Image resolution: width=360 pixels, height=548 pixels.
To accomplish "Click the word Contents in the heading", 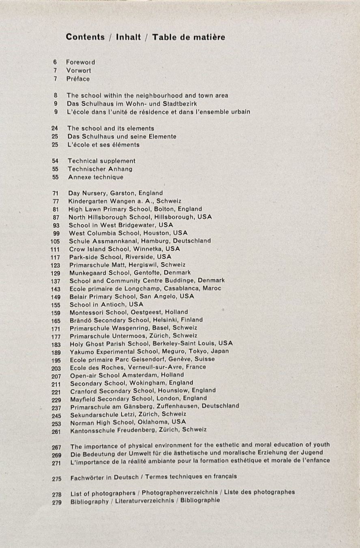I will click(x=85, y=37).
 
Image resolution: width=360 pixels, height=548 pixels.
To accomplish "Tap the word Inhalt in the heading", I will click(x=128, y=37).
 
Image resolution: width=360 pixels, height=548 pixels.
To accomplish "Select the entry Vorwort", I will click(x=79, y=71).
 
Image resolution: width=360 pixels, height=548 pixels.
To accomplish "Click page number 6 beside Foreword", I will click(x=55, y=63).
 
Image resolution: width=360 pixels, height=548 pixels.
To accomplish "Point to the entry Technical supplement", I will click(x=101, y=161).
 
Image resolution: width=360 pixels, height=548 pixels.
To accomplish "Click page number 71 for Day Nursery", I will click(x=56, y=193).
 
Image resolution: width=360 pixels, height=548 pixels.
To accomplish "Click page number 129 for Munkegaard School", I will click(x=56, y=273).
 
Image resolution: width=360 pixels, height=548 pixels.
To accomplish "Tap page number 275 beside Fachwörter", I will click(x=56, y=479).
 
